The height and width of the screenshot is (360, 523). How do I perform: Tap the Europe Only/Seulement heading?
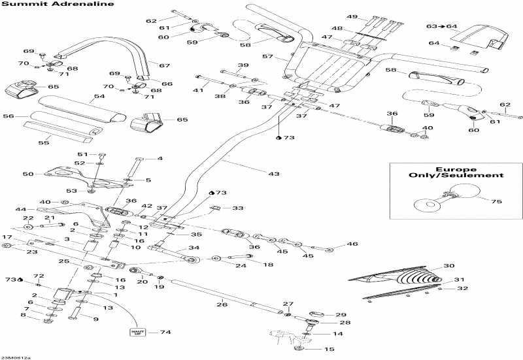click(455, 171)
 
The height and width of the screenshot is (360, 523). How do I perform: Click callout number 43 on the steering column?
click(274, 174)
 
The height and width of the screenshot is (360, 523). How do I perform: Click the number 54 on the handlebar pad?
click(99, 96)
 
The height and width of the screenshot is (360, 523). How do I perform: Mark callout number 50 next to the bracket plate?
click(27, 174)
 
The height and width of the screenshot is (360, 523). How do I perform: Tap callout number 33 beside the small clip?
click(238, 208)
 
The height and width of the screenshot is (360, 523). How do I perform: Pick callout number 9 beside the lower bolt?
click(96, 318)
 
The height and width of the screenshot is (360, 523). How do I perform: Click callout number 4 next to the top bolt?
click(160, 158)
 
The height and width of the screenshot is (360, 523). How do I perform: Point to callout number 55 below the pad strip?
click(44, 142)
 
